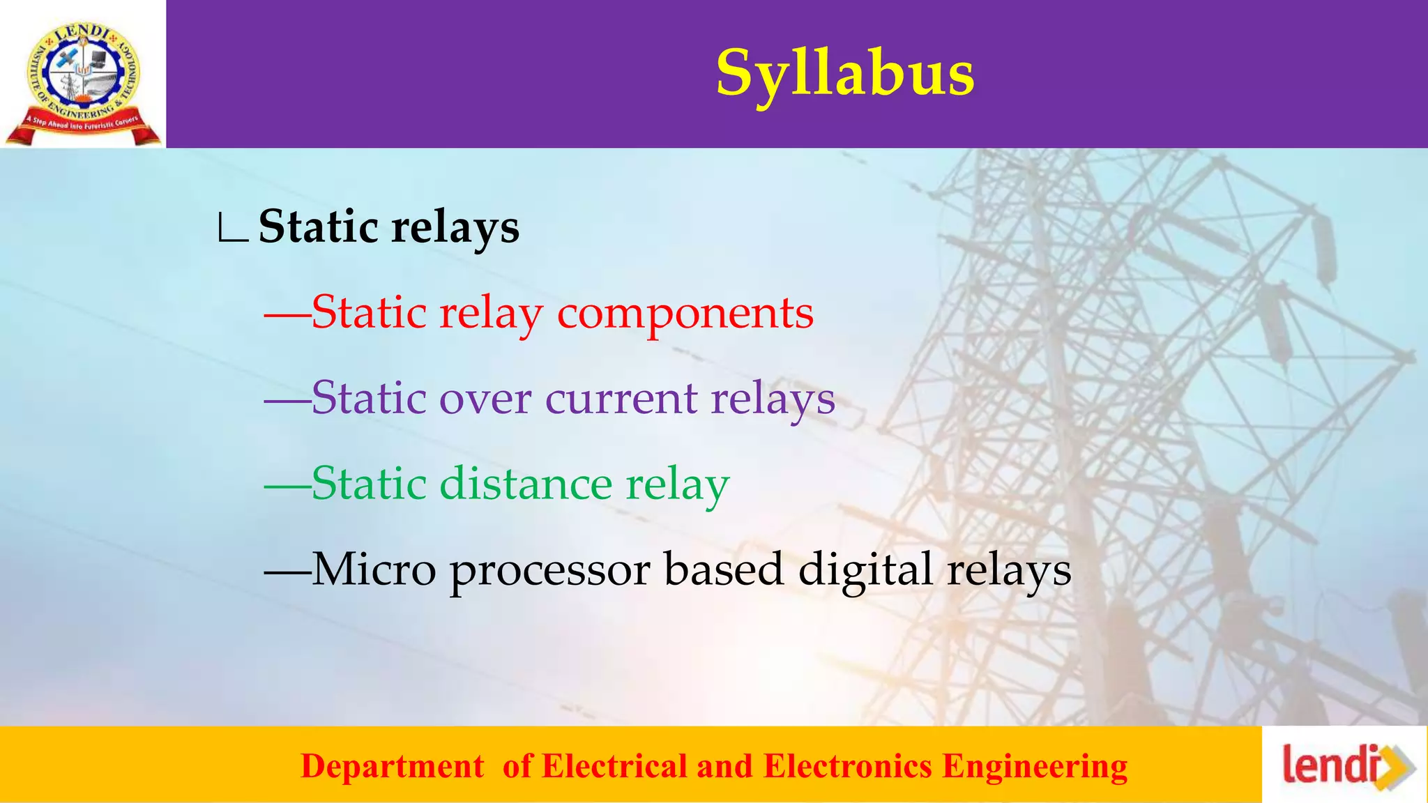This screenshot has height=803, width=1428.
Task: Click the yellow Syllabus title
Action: (845, 75)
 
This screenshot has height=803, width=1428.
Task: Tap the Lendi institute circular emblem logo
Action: (83, 75)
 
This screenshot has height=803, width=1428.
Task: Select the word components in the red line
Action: (685, 314)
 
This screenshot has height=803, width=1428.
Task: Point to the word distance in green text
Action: (526, 484)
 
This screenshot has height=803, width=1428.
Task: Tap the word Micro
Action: (373, 569)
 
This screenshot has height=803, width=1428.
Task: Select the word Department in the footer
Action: (392, 766)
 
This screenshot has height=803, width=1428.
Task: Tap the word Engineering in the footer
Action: (1035, 766)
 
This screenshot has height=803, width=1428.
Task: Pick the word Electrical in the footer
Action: (614, 766)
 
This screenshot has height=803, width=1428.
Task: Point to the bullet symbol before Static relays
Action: (232, 229)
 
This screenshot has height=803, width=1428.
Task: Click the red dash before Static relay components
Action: (287, 314)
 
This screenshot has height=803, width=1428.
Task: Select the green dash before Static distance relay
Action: (287, 485)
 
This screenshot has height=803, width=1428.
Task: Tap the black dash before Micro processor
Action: (287, 571)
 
